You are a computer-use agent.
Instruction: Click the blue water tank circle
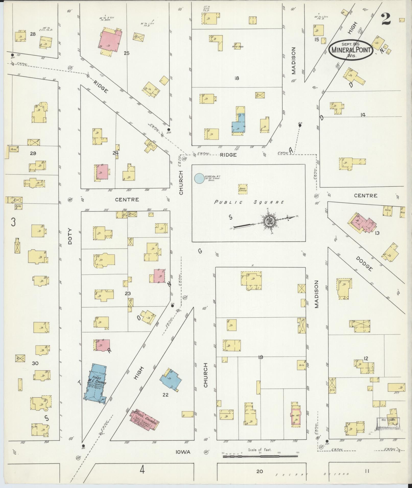[x=199, y=178]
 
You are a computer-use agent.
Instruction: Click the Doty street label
[x=70, y=236]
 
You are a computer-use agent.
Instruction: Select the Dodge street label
[x=364, y=263]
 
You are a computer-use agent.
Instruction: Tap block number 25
[x=127, y=53]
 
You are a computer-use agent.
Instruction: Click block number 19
[x=260, y=357]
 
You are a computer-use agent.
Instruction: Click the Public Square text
[x=249, y=202]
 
